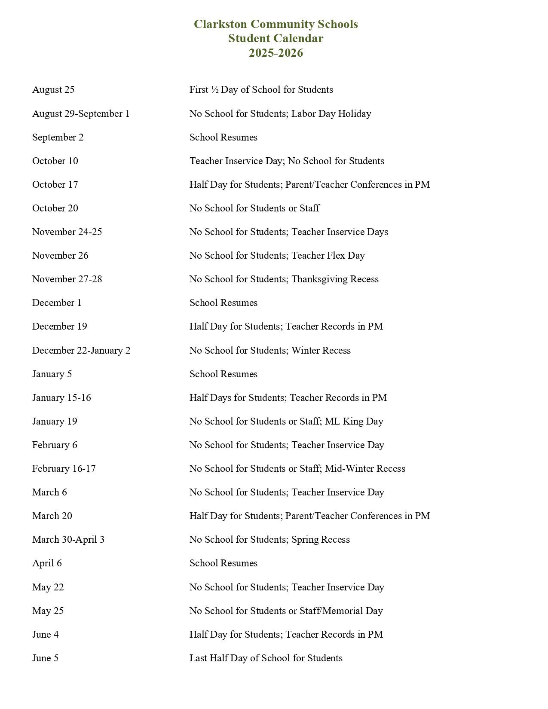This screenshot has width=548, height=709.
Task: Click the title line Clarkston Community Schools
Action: point(276,24)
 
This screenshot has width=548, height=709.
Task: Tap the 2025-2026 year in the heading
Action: point(276,53)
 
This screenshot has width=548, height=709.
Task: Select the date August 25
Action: point(53,90)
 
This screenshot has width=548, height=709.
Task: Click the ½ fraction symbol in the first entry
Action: point(215,90)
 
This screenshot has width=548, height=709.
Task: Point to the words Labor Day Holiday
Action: point(331,114)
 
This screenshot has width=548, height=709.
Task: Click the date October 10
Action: point(55,161)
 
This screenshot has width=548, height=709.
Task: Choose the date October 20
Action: point(55,208)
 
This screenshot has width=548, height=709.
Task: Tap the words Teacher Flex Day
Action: point(328,256)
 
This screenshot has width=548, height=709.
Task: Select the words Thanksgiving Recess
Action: point(335,279)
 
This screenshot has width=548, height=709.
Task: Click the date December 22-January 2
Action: point(81,351)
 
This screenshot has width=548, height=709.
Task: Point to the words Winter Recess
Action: point(321,351)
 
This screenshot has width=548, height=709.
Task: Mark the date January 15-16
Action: point(61,398)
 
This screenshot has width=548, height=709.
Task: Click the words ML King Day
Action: point(354,422)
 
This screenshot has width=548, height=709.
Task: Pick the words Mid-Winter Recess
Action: point(365,469)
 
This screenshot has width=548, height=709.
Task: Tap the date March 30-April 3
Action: point(68,540)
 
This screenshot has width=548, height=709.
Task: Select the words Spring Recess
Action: point(320,540)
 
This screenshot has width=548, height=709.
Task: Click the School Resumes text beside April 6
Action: point(223,563)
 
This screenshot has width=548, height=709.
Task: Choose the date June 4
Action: point(46,635)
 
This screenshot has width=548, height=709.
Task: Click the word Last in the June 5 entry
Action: point(198,658)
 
